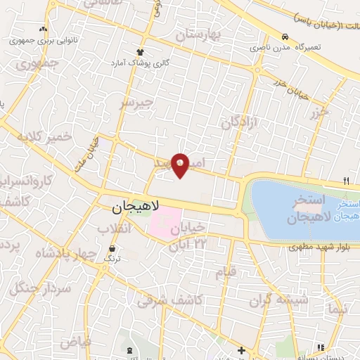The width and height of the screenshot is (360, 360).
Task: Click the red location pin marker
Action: [x=180, y=164]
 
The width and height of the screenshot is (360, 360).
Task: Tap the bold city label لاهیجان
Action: [x=136, y=207]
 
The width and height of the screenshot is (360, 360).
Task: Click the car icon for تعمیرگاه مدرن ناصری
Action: [x=284, y=37]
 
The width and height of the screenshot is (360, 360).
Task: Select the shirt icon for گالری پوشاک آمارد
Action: [x=140, y=52]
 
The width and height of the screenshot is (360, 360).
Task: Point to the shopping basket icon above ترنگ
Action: [x=112, y=248]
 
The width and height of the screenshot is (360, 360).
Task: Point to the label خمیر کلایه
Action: [x=46, y=136]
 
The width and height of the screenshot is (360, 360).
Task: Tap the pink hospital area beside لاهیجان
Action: [x=166, y=222]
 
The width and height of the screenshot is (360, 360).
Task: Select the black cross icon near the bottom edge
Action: [x=241, y=350]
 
